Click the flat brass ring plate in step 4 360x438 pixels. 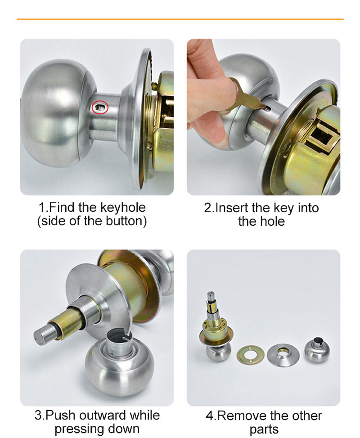click(249, 353)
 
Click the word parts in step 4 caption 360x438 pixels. click(264, 429)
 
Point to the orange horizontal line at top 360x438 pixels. click(180, 19)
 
